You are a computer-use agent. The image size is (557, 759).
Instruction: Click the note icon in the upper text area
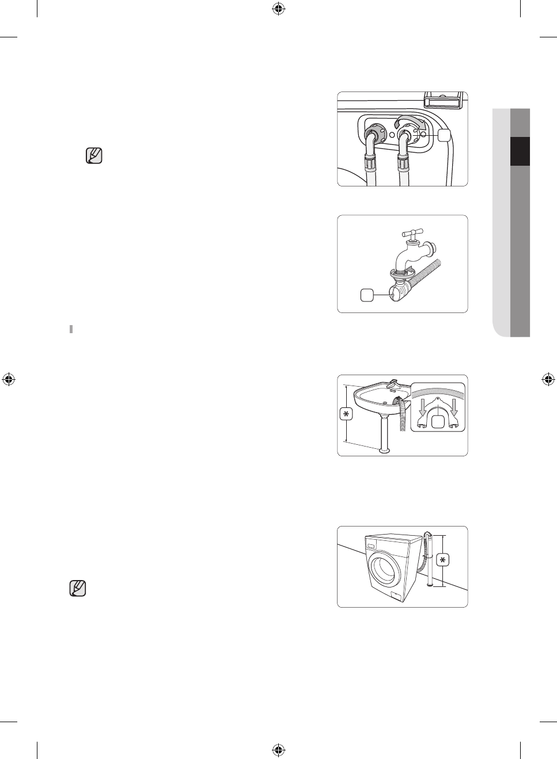[94, 156]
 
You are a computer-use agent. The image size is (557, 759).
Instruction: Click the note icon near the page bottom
[78, 588]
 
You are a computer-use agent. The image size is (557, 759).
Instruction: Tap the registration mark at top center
[278, 9]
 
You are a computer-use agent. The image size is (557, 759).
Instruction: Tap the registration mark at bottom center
[278, 750]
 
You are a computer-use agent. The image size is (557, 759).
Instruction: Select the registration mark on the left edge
[9, 379]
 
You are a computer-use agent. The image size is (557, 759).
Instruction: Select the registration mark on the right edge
[548, 379]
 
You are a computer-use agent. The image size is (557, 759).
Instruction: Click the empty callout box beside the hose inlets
[444, 135]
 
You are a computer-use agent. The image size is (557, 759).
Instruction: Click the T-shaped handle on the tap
[412, 233]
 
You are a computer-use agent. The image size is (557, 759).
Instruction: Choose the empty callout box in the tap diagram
[367, 295]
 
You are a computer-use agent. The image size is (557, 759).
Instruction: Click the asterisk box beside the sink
[346, 414]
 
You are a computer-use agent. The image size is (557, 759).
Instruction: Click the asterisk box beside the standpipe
[442, 560]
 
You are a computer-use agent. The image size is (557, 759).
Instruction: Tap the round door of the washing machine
[383, 569]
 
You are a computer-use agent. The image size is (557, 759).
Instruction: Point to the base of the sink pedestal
[384, 450]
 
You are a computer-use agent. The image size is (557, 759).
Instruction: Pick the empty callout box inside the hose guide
[438, 422]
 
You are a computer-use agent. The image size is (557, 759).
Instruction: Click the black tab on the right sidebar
[520, 151]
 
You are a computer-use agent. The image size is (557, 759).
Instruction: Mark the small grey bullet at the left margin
[71, 329]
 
